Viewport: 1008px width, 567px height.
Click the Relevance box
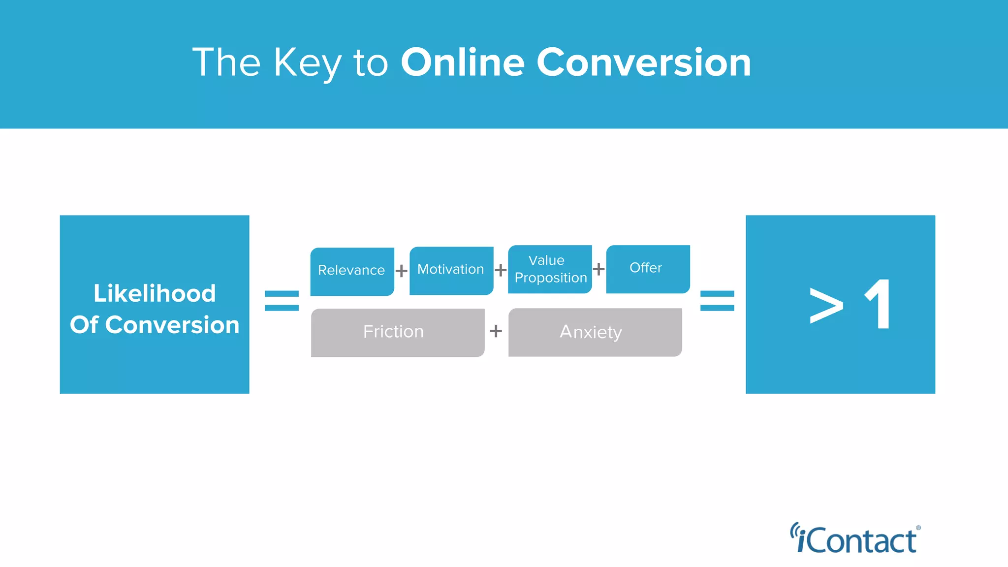(x=352, y=271)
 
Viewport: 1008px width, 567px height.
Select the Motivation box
(x=451, y=270)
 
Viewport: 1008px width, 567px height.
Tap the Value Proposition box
(x=550, y=269)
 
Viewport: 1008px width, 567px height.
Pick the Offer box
(x=647, y=269)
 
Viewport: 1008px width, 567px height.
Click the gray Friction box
(x=398, y=332)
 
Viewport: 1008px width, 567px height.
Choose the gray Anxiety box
(x=595, y=332)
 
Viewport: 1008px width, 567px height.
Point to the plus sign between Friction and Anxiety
(x=496, y=331)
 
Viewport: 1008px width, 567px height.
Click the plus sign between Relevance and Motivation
(x=402, y=271)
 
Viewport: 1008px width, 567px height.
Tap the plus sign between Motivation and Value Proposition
(x=501, y=270)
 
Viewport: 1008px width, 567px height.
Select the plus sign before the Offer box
(x=599, y=269)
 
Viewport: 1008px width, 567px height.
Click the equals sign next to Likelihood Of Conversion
(x=282, y=301)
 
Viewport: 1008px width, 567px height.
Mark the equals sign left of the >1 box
(x=717, y=301)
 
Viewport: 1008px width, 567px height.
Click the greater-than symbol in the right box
(x=826, y=306)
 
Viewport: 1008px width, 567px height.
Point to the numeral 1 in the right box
(x=879, y=304)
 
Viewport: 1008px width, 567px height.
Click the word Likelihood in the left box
(x=155, y=293)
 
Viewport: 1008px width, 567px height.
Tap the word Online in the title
(x=463, y=63)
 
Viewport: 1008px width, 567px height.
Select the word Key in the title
(x=308, y=63)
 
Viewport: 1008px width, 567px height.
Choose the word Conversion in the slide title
(x=644, y=63)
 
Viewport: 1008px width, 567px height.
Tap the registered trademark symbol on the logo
(x=918, y=528)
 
